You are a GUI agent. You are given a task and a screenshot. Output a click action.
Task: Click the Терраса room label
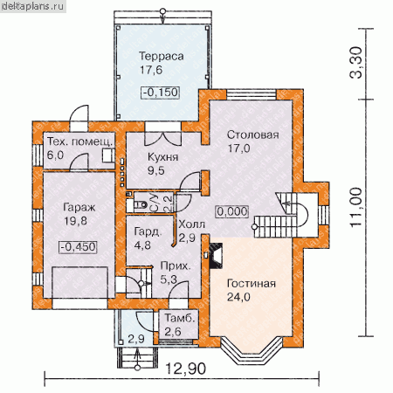(162, 56)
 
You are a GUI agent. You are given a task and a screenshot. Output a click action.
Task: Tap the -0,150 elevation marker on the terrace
(161, 93)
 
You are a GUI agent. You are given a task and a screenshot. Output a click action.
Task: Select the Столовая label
(252, 134)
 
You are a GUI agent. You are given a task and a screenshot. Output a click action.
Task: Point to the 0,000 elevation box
(232, 211)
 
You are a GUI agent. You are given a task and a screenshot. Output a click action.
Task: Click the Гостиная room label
(252, 284)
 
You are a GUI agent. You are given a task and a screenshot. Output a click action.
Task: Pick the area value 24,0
(238, 297)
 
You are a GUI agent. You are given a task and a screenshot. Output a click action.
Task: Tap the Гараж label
(79, 208)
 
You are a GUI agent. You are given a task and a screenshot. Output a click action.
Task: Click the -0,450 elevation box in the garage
(79, 247)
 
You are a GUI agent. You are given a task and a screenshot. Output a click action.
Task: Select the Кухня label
(162, 157)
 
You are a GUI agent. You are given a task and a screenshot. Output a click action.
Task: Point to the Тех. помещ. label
(79, 141)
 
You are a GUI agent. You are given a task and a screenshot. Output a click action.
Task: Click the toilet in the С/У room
(141, 204)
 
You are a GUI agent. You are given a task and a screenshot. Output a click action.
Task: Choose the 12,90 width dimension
(186, 369)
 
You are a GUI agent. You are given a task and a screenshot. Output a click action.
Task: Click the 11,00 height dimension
(356, 207)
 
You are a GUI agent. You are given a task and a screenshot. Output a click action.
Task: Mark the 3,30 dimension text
(356, 63)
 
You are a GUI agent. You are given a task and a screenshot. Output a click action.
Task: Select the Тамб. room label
(180, 318)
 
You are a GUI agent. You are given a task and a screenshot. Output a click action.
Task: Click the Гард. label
(148, 232)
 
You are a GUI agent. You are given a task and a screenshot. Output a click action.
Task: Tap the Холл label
(191, 224)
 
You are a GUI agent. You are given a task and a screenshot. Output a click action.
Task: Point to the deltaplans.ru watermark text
(32, 6)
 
